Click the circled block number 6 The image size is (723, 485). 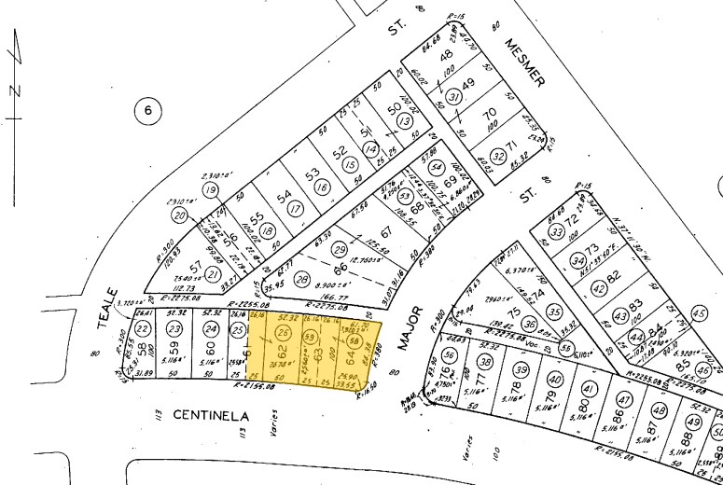point(147,113)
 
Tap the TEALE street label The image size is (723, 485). point(104,307)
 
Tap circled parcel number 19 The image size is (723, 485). point(210,190)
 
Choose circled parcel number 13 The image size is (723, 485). point(404,121)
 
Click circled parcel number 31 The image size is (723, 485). point(454,95)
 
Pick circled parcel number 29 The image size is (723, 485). point(340,250)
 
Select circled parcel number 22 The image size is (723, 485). point(142,328)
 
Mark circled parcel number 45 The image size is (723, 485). point(701,313)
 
